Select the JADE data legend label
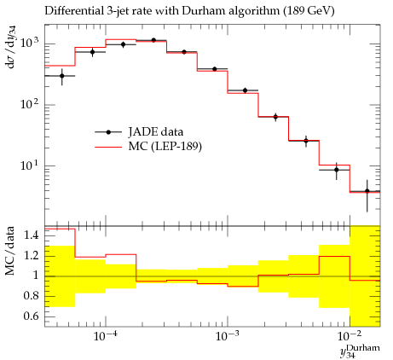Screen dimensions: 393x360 pos(156,132)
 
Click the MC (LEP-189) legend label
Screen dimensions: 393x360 pos(165,147)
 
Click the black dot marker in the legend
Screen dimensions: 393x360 pos(108,132)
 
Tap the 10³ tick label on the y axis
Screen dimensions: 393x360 pos(29,43)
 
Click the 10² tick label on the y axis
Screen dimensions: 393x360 pos(29,103)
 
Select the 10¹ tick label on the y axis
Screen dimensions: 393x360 pos(29,165)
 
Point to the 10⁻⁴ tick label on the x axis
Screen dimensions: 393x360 pos(105,336)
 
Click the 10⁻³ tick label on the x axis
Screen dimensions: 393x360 pos(227,336)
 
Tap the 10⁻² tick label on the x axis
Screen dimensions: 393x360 pos(349,336)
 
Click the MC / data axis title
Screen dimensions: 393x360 pos(9,251)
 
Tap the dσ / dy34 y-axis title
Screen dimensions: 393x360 pos(11,47)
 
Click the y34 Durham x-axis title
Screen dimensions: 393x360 pos(360,351)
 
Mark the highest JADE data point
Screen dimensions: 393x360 pos(153,40)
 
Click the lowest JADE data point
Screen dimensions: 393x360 pos(367,191)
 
